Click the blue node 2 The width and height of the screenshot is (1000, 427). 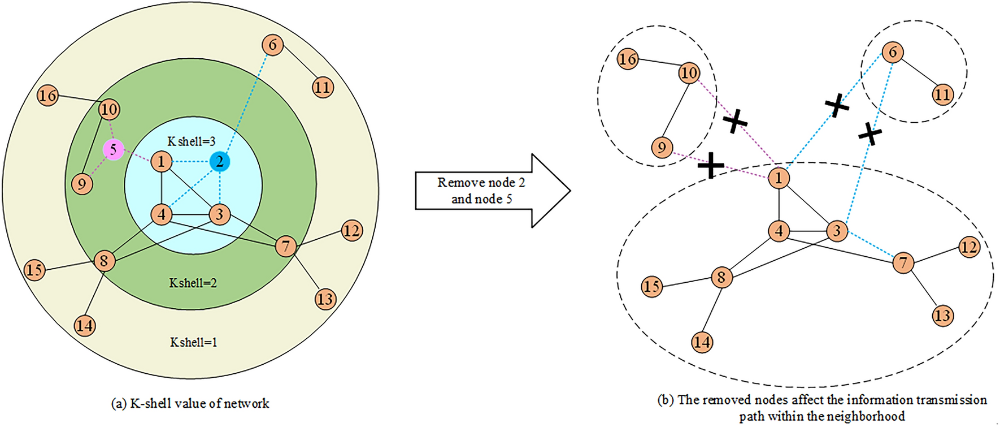click(x=220, y=162)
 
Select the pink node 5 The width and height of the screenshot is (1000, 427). click(x=113, y=150)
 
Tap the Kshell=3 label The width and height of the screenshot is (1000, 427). click(x=192, y=141)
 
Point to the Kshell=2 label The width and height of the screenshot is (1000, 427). click(x=193, y=283)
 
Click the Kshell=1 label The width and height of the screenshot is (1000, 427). click(x=193, y=342)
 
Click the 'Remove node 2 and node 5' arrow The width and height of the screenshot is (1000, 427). click(x=486, y=191)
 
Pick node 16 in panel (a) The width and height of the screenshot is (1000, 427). click(x=47, y=96)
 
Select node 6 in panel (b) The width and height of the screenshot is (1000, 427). click(x=893, y=53)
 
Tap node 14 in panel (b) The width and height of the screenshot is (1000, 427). click(x=702, y=342)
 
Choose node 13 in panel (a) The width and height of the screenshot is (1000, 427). click(x=325, y=299)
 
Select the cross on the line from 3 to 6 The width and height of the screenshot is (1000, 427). click(x=870, y=135)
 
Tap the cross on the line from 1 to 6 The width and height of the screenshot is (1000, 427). click(x=837, y=105)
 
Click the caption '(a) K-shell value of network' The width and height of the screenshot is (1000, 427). click(x=190, y=404)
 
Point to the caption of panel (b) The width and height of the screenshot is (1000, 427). click(x=822, y=408)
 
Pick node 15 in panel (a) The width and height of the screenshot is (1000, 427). click(x=34, y=270)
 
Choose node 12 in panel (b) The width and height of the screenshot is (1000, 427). click(x=969, y=247)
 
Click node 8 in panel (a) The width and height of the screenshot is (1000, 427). click(x=104, y=261)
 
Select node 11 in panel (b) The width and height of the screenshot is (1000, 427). click(x=942, y=94)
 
